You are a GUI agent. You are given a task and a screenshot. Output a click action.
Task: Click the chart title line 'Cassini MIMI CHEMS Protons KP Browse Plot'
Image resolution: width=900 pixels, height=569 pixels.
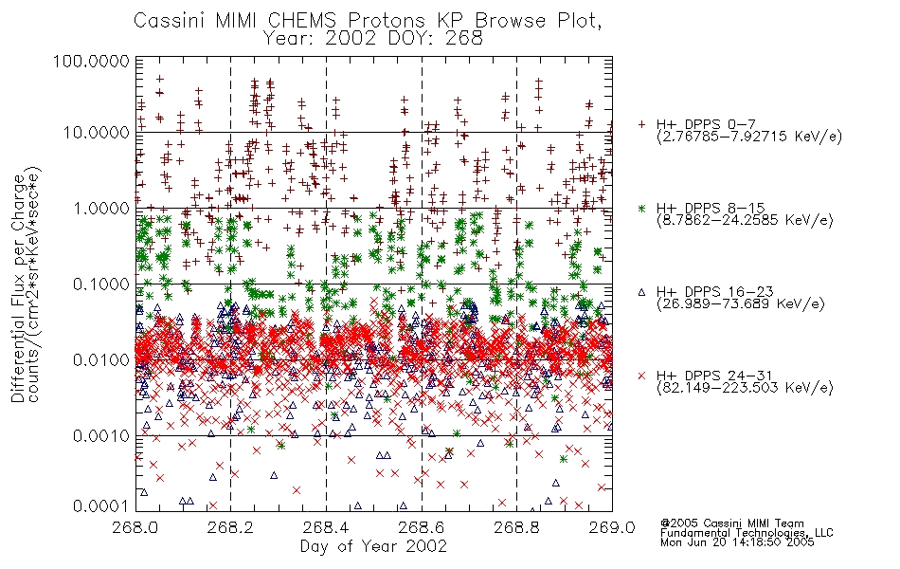[x=368, y=20]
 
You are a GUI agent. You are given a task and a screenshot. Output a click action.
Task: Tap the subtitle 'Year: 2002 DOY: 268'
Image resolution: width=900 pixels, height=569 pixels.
[x=373, y=39]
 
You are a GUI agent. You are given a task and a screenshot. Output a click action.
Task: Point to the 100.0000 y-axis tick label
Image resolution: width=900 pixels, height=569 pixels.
[x=92, y=61]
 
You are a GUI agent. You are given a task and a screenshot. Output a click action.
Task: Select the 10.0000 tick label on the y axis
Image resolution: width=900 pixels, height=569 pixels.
[x=96, y=133]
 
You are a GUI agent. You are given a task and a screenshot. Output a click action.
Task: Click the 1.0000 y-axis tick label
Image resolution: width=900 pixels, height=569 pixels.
[x=101, y=208]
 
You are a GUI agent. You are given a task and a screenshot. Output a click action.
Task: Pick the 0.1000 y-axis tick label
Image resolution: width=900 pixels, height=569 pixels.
[x=101, y=284]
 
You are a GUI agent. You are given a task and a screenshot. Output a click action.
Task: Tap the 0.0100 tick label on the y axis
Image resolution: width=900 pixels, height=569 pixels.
[x=101, y=360]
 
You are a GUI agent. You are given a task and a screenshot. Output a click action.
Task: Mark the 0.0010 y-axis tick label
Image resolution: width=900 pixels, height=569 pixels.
[x=101, y=436]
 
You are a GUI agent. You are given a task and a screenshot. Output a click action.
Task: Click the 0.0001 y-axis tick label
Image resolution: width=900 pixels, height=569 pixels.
[x=101, y=506]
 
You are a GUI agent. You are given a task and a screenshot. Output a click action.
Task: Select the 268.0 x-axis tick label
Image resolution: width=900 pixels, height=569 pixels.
[x=135, y=527]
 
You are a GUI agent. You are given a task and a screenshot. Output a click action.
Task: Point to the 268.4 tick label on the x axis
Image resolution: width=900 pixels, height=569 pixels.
[x=326, y=527]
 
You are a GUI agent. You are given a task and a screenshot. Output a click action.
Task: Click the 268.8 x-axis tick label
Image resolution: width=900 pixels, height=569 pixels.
[x=516, y=527]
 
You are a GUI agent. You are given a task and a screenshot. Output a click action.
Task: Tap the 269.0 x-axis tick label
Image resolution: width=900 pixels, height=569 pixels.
[x=612, y=527]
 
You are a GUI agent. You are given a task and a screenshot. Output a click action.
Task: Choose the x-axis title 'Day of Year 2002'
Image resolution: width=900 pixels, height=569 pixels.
[x=373, y=546]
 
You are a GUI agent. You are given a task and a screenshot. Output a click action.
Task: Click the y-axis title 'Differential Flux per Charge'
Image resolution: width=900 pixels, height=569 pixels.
[x=18, y=289]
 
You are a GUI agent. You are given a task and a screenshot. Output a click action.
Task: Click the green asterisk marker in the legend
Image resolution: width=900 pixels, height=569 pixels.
[x=641, y=208]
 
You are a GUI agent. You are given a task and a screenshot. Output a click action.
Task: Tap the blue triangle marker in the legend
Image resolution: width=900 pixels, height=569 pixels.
[x=641, y=292]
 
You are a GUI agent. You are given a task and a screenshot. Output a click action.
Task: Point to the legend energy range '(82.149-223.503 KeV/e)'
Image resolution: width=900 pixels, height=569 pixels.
[x=745, y=388]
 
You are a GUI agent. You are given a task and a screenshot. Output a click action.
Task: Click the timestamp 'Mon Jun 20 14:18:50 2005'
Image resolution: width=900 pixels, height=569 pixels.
[x=737, y=542]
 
